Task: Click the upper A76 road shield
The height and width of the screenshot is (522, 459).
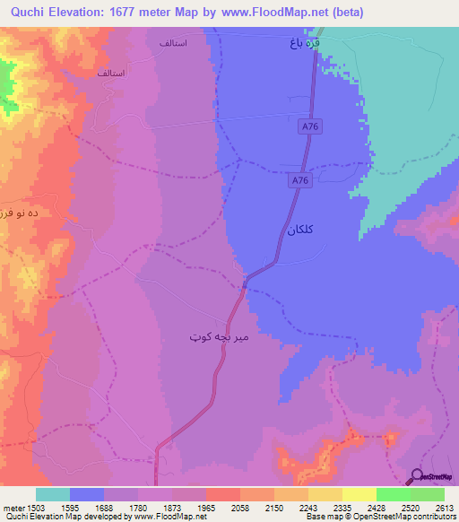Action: click(x=309, y=128)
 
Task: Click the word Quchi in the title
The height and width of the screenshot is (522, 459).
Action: click(x=22, y=12)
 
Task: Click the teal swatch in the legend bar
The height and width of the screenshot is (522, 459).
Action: click(x=53, y=494)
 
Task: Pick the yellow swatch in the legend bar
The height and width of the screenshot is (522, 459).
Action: click(x=359, y=494)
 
